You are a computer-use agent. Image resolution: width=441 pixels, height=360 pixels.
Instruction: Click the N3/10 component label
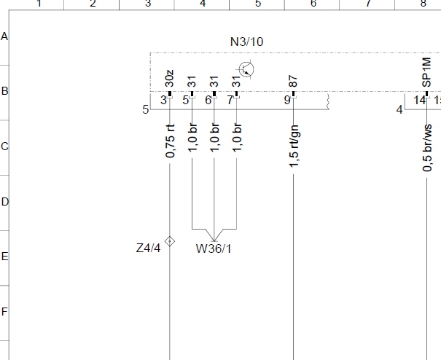pyautogui.click(x=246, y=42)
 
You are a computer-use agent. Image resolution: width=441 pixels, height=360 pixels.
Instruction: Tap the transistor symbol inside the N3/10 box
pyautogui.click(x=246, y=69)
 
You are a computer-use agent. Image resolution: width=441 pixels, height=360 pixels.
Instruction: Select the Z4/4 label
pyautogui.click(x=148, y=248)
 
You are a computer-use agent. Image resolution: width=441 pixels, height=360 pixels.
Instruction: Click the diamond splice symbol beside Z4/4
pyautogui.click(x=170, y=241)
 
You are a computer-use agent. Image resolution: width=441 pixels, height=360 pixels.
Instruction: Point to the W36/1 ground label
pyautogui.click(x=214, y=249)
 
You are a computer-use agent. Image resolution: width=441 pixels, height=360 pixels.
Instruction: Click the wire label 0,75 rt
pyautogui.click(x=170, y=141)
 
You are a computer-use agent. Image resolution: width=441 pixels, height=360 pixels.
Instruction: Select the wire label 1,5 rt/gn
pyautogui.click(x=294, y=146)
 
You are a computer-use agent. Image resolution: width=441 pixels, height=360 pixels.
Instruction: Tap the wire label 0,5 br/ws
pyautogui.click(x=427, y=147)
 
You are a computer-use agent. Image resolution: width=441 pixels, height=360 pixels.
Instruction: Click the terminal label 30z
pyautogui.click(x=169, y=79)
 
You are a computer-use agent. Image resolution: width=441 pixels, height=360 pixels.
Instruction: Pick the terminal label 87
pyautogui.click(x=293, y=81)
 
